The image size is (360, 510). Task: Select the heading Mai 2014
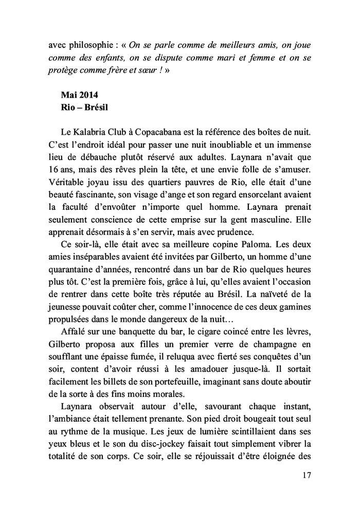[79, 95]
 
